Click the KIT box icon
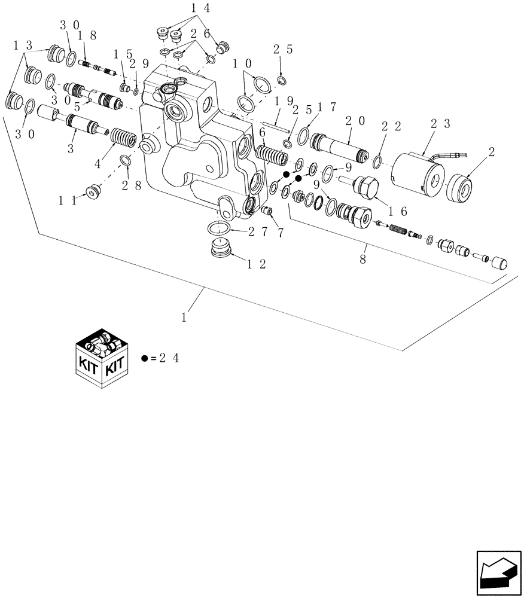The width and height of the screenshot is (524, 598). [x=102, y=358]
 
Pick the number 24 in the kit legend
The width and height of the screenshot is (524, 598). [x=169, y=358]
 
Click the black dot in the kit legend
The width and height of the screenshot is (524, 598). [x=145, y=358]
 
